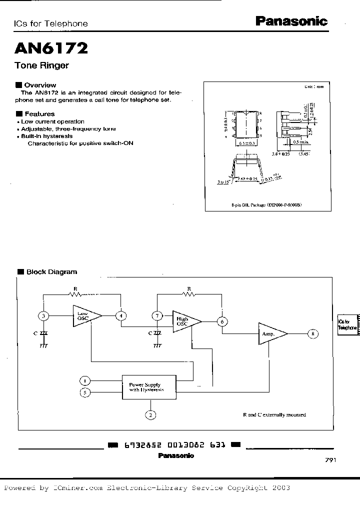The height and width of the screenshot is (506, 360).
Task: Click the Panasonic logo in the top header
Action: [x=291, y=21]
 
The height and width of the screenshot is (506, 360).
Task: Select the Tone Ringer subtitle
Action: [x=41, y=65]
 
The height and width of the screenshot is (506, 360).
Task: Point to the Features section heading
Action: [x=39, y=114]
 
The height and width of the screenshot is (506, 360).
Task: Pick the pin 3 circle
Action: [x=44, y=315]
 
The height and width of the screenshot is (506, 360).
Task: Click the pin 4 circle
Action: [x=120, y=315]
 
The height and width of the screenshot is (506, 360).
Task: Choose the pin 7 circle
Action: [x=157, y=316]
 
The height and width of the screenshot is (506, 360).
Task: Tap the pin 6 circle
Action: [x=221, y=321]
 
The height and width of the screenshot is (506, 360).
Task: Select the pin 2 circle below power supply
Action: [x=150, y=414]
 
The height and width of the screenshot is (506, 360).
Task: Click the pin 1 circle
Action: [x=85, y=381]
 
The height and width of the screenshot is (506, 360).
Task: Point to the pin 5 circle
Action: [x=85, y=392]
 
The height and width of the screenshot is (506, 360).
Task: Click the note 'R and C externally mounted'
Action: [x=274, y=414]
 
